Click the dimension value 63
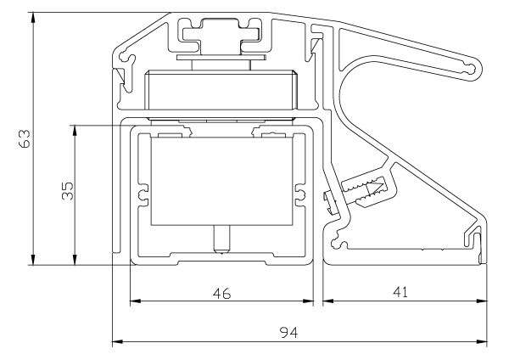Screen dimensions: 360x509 [25, 139]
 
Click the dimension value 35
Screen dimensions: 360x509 [67, 192]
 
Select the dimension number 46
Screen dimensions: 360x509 [221, 293]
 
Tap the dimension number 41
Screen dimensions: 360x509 [400, 292]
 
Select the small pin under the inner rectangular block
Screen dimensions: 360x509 [221, 239]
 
